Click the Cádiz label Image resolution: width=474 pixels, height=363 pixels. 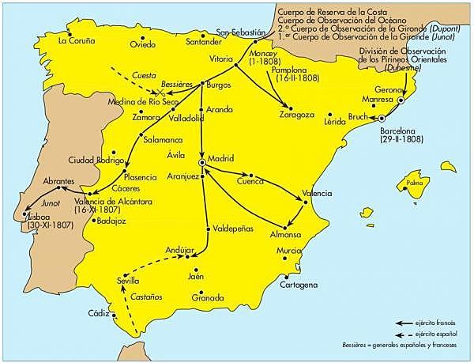click(99, 313)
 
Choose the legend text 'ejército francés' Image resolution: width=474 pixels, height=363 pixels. click(438, 323)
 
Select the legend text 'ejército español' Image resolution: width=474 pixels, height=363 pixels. click(438, 335)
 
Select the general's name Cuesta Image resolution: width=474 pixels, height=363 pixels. click(143, 74)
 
